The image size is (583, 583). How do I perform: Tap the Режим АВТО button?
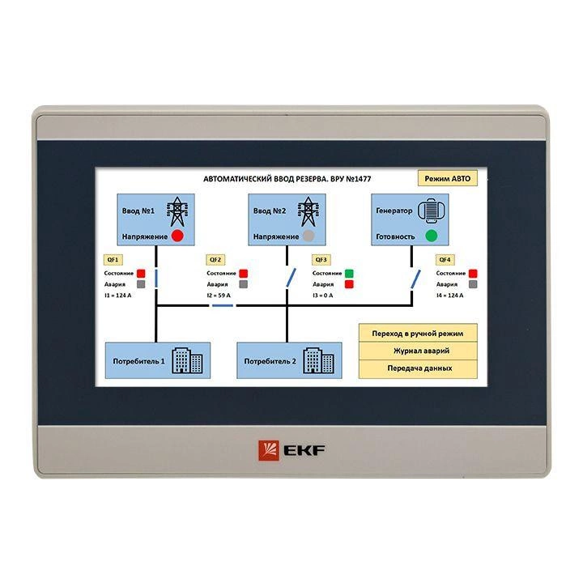click(447, 178)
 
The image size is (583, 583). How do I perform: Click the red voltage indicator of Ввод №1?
click(177, 236)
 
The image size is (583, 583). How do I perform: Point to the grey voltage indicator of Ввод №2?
click(309, 236)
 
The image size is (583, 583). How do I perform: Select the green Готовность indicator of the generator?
click(432, 236)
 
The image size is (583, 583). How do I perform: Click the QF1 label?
click(113, 260)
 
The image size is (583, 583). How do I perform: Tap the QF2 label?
click(215, 260)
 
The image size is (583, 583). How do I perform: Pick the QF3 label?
click(321, 260)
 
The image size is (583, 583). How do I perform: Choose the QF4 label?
click(445, 260)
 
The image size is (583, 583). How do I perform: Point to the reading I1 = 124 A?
click(117, 296)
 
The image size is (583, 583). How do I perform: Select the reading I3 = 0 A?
click(322, 296)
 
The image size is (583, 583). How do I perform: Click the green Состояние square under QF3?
click(349, 274)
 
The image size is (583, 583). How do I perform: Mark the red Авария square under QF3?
click(349, 284)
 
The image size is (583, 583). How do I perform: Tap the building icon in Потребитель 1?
click(187, 360)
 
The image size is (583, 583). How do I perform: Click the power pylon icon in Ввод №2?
click(309, 211)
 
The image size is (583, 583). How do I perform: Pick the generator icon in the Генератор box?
click(432, 211)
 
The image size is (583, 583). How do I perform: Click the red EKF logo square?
click(269, 451)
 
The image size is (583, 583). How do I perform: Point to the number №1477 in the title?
click(359, 179)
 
